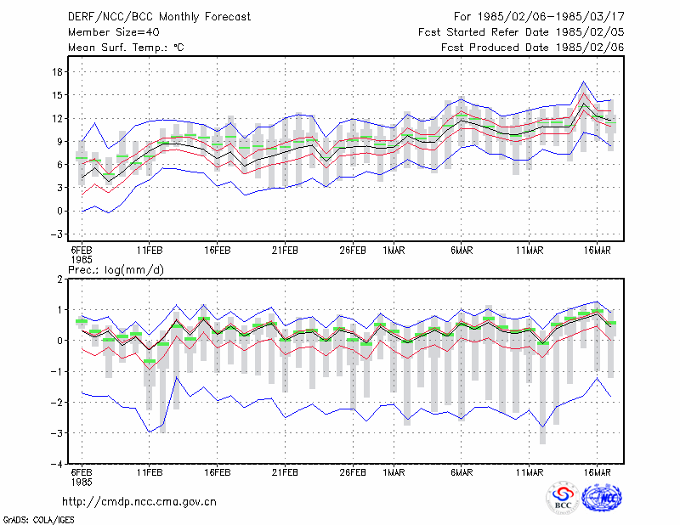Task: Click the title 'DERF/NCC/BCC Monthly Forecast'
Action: pos(159,17)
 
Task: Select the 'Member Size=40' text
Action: pos(114,32)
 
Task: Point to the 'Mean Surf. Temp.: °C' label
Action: pos(126,48)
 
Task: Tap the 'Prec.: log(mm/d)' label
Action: pos(116,270)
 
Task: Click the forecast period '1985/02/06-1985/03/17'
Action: pos(551,17)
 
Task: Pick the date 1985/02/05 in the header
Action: pos(590,32)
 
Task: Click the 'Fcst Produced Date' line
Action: pos(533,48)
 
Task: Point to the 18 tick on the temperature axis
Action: pos(58,72)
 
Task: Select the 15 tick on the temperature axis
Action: pos(58,95)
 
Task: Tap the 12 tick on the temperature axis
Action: pos(58,118)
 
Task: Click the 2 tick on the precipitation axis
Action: pos(59,279)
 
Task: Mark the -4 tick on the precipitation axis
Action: pos(57,464)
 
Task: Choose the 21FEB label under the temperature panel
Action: pos(285,251)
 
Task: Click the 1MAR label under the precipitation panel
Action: pos(394,472)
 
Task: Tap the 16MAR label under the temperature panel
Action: pos(598,251)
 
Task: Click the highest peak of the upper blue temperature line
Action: pos(584,81)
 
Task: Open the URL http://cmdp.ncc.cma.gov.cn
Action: pos(139,501)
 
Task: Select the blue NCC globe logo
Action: pos(602,497)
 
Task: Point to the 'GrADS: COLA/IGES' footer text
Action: pos(39,520)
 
